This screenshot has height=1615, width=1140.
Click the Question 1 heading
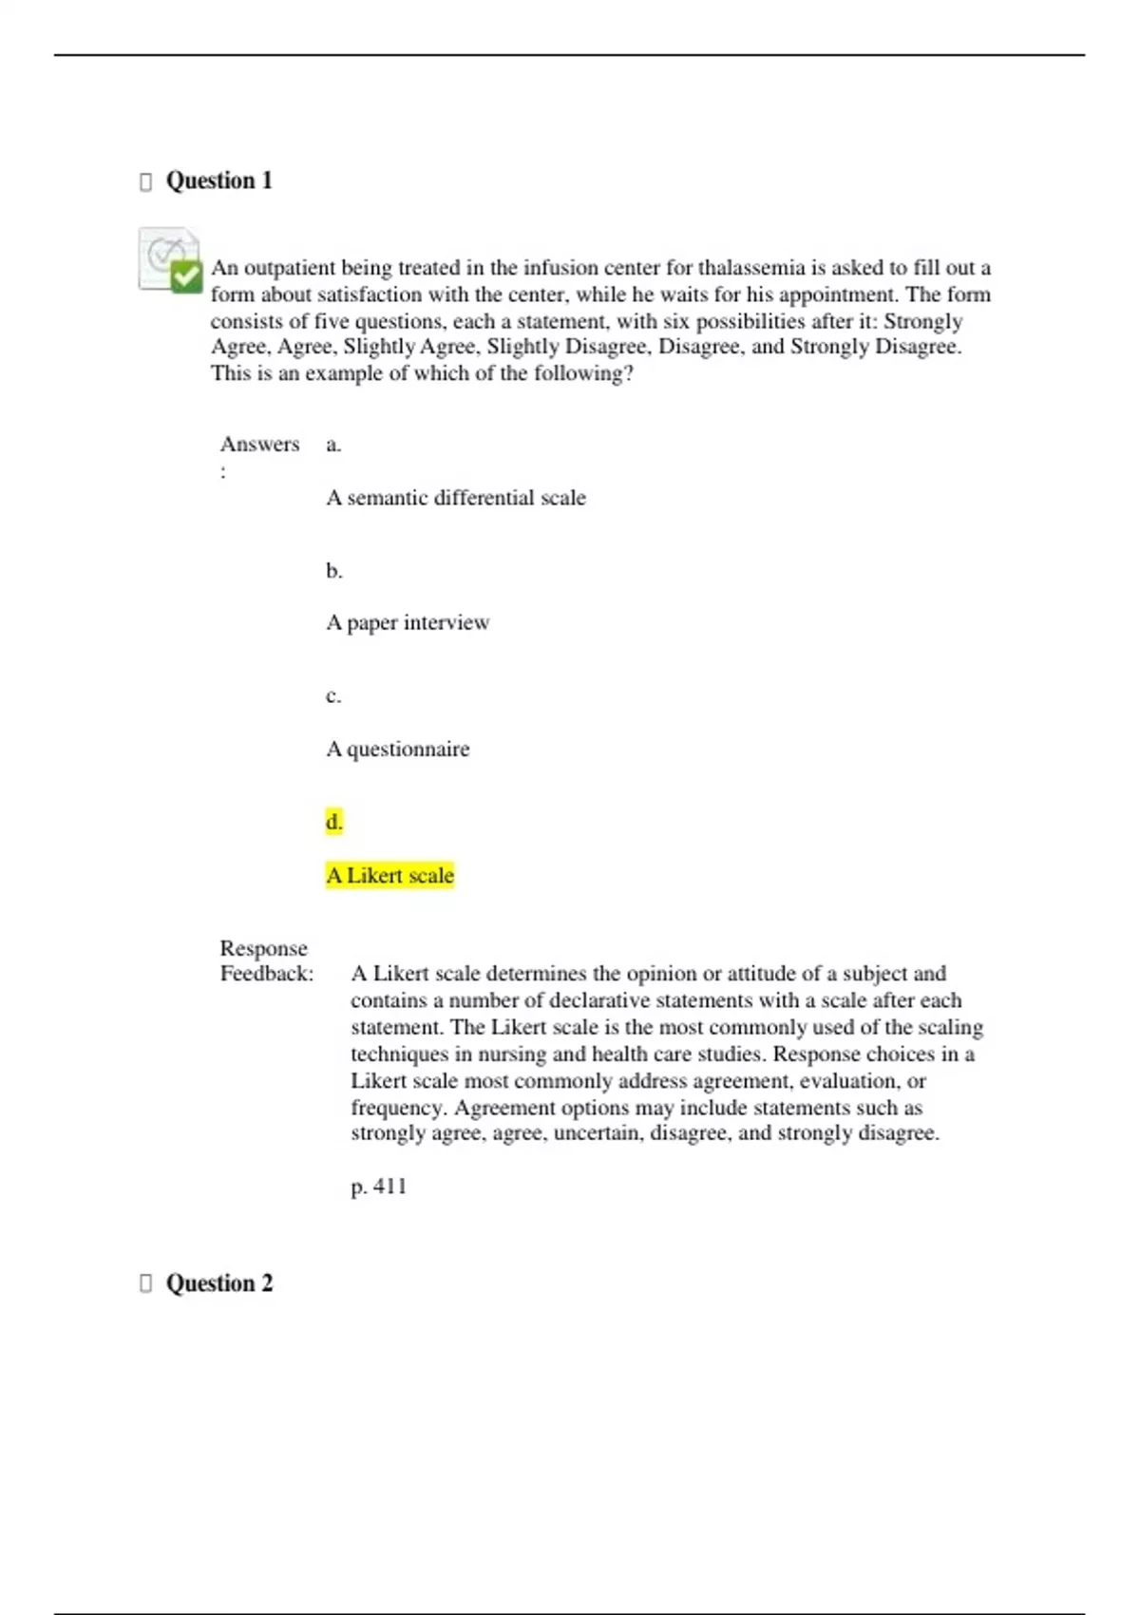[218, 180]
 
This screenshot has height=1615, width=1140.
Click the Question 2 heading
[218, 1283]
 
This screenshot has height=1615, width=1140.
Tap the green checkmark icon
[186, 275]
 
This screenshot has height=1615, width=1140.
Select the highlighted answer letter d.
[333, 822]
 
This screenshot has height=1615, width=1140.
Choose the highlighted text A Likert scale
[389, 875]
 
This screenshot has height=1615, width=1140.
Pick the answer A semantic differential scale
[456, 498]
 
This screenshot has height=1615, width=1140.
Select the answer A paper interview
[408, 623]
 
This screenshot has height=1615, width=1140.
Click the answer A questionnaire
[398, 750]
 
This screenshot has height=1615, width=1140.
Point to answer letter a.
[333, 445]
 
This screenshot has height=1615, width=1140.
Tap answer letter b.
[333, 571]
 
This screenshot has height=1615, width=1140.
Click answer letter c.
[333, 696]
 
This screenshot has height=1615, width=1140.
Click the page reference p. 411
[378, 1187]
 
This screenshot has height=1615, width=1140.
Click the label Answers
[259, 445]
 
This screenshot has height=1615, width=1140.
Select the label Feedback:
[267, 974]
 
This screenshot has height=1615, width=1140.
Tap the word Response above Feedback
[263, 948]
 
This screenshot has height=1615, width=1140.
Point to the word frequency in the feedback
[397, 1109]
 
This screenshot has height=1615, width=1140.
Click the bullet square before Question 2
[145, 1283]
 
